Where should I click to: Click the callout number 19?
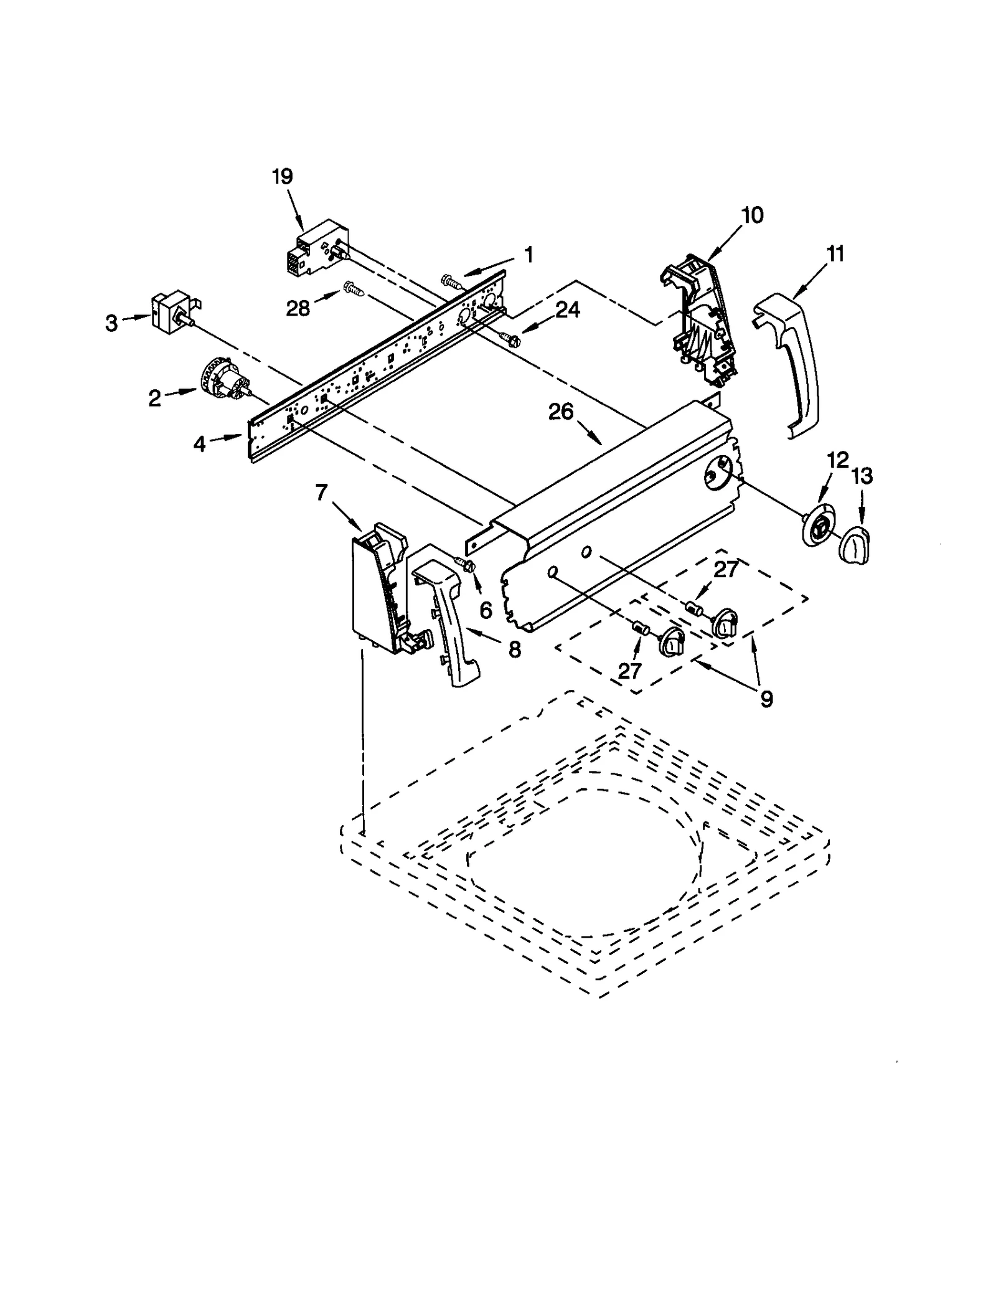click(x=282, y=177)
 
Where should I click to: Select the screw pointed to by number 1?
click(x=451, y=281)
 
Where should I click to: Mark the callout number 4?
click(x=199, y=444)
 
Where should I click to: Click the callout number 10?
click(x=753, y=215)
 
